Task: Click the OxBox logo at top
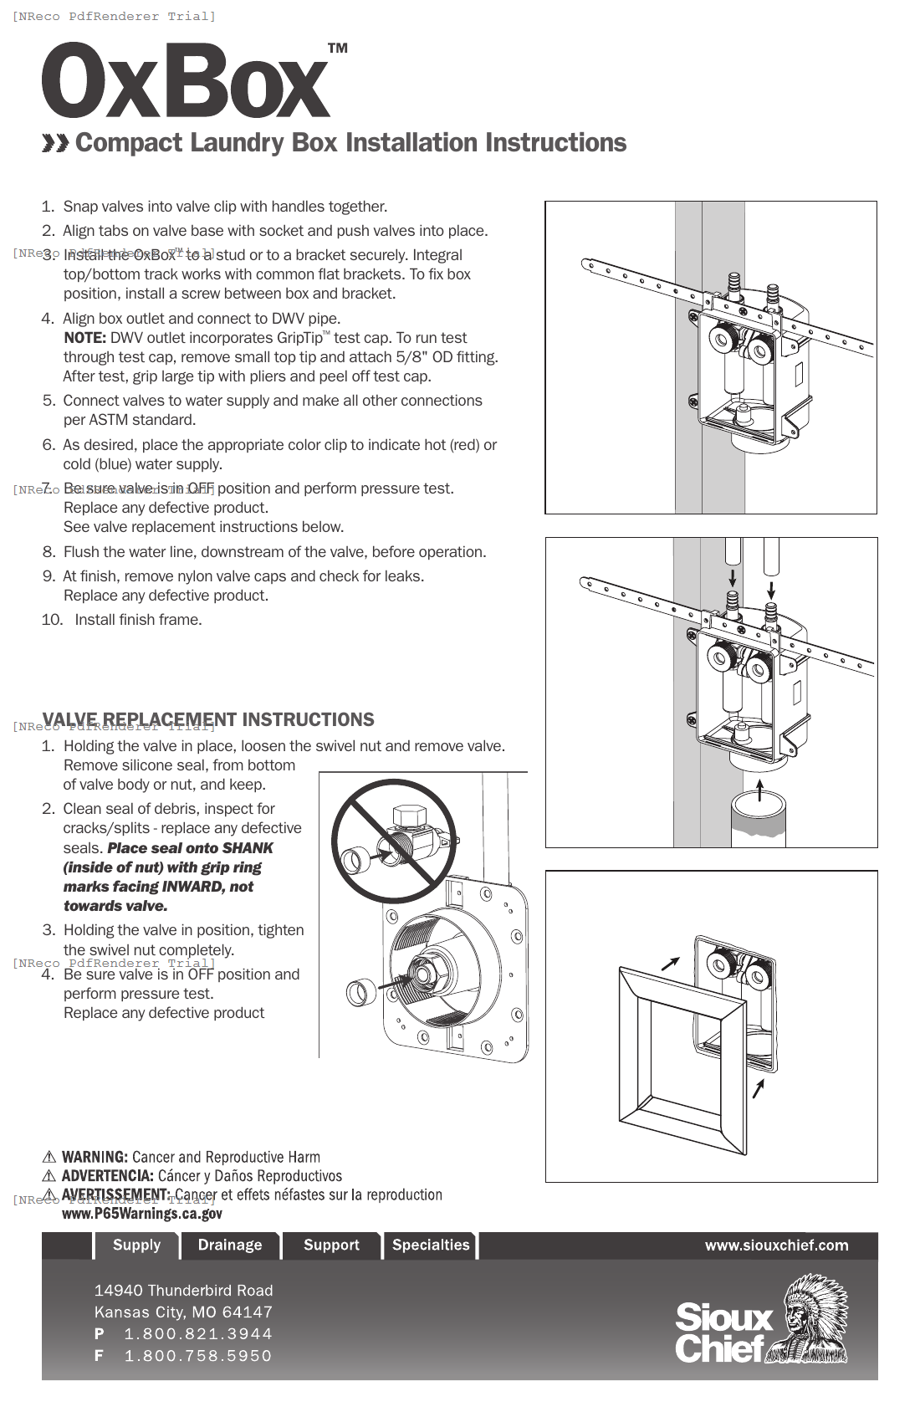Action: [x=186, y=81]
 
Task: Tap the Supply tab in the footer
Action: [x=136, y=1245]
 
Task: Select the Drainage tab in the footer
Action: [x=230, y=1245]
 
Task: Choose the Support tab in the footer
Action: [x=331, y=1245]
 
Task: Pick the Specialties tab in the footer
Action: [x=431, y=1245]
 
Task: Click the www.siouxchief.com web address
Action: [x=776, y=1245]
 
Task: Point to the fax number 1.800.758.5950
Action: [x=198, y=1355]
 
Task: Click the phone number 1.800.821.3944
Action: [x=198, y=1333]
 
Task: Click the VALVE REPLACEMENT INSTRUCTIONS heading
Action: [x=208, y=719]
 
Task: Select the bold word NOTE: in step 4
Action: [x=84, y=338]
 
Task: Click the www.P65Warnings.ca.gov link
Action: [x=142, y=1214]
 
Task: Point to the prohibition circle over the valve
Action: [x=394, y=841]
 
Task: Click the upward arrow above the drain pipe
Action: [x=759, y=790]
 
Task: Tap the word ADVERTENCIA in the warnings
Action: [x=107, y=1176]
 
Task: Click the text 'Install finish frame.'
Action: [x=138, y=620]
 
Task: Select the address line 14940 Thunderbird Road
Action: [x=183, y=1290]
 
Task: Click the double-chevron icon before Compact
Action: [x=55, y=143]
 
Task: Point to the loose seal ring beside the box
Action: [x=360, y=992]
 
